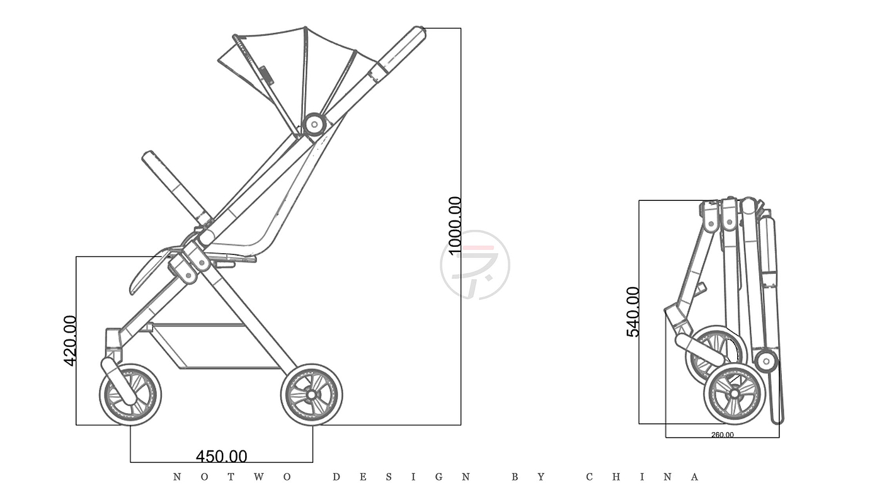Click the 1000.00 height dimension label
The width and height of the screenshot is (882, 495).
[x=454, y=225]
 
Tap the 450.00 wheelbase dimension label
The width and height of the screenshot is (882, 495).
[x=221, y=457]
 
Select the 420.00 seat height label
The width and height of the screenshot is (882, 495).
[x=70, y=341]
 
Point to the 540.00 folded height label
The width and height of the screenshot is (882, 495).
[x=633, y=312]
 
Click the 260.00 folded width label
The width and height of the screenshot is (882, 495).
[x=723, y=435]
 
